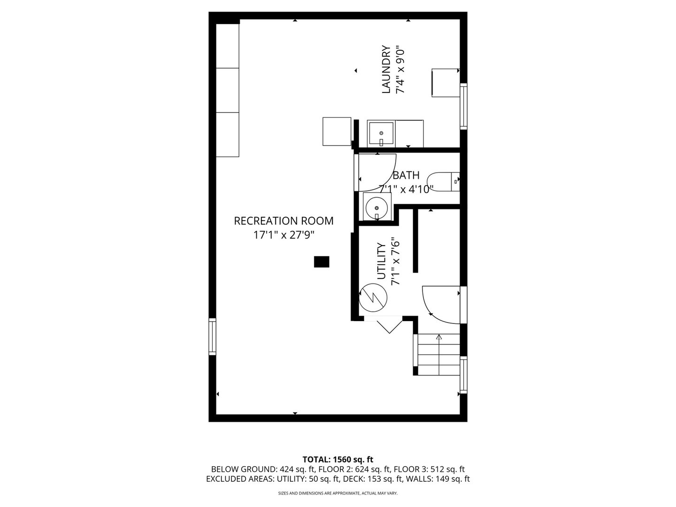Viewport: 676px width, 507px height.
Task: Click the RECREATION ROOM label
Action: coord(284,221)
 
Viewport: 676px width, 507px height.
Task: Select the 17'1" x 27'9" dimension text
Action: coord(284,235)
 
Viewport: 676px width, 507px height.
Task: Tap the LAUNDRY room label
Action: coord(386,69)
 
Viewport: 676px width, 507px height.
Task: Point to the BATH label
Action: coord(406,175)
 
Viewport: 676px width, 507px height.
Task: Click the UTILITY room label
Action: coord(381,261)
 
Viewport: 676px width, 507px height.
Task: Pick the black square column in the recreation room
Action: coord(322,261)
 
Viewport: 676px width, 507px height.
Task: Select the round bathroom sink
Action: coord(376,208)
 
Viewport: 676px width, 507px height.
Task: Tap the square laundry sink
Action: coord(381,134)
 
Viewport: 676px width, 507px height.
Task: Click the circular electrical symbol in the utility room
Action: coord(373,297)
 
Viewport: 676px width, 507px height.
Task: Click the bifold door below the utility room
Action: coord(383,324)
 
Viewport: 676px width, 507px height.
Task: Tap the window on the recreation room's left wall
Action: coord(212,337)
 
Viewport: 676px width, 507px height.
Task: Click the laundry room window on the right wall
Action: coord(463,107)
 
